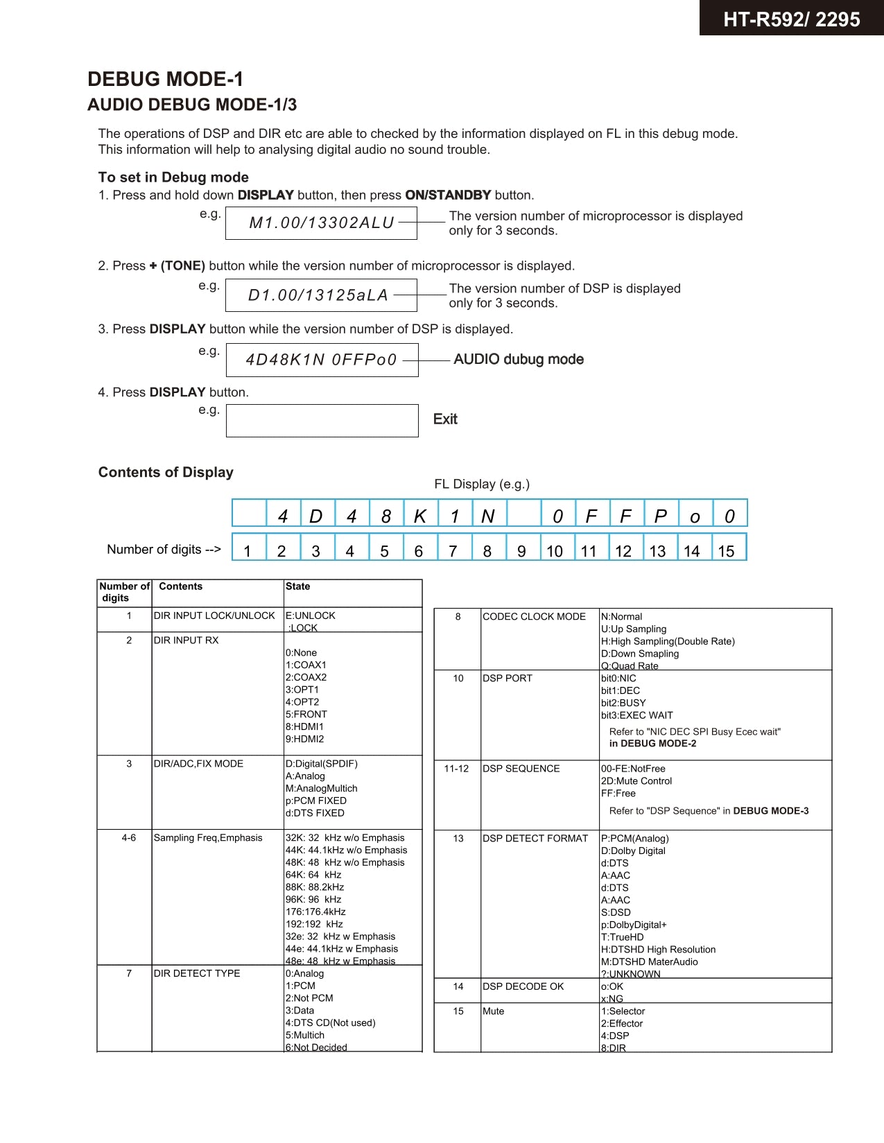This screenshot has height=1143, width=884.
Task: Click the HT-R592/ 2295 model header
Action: click(791, 19)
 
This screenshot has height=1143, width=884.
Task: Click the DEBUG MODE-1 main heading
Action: click(165, 79)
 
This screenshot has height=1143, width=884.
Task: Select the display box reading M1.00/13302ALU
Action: click(321, 223)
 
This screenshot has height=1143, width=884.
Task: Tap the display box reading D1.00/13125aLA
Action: click(321, 295)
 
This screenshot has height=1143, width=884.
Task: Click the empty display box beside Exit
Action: click(322, 421)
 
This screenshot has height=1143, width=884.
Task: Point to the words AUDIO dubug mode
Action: click(518, 359)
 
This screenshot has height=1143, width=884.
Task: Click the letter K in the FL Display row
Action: click(420, 516)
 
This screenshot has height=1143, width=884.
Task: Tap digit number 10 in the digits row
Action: click(555, 551)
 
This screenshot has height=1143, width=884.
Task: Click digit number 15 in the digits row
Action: click(726, 551)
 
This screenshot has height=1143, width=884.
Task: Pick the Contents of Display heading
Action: click(166, 472)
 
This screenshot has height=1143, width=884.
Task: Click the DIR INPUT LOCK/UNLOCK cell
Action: click(214, 616)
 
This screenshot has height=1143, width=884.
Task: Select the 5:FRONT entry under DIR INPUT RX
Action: click(306, 714)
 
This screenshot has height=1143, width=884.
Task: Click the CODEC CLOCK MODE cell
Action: click(534, 616)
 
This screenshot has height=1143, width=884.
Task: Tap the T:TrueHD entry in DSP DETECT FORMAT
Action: click(622, 937)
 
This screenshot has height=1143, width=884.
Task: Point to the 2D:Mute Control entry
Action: click(636, 780)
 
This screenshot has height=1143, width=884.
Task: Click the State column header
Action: click(297, 586)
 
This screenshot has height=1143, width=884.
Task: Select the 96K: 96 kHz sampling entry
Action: click(313, 899)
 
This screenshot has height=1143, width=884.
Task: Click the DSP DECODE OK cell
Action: click(523, 986)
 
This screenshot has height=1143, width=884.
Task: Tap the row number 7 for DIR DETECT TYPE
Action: click(129, 973)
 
